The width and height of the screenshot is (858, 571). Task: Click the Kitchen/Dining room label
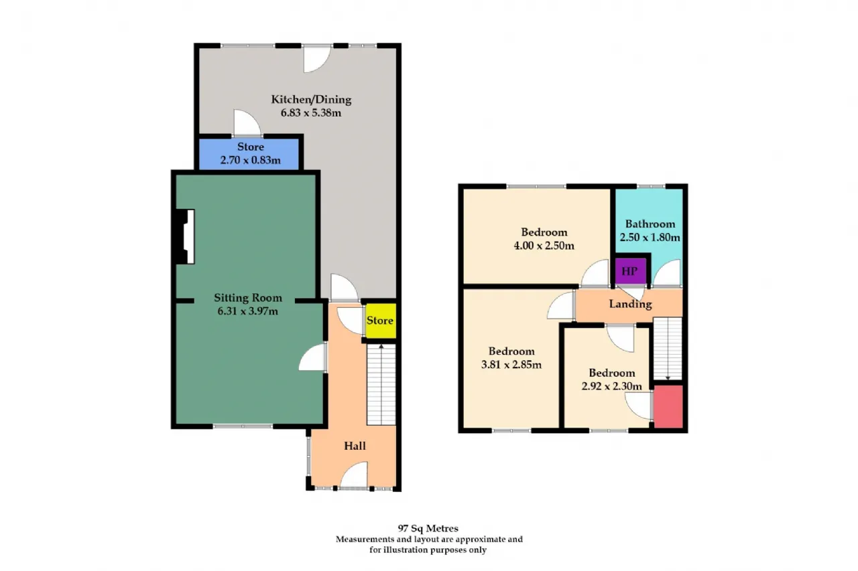[311, 100]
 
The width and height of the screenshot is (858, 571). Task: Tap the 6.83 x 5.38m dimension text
[311, 113]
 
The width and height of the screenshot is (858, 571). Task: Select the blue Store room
[249, 154]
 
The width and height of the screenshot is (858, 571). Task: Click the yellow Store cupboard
[380, 321]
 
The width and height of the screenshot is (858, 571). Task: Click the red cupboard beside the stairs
[668, 406]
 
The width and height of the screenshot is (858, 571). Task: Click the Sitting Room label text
[248, 297]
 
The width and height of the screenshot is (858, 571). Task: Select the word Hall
[355, 446]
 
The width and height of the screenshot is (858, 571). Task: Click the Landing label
[631, 304]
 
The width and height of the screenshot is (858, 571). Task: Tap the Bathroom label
[650, 224]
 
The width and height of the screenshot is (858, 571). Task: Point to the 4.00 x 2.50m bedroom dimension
[544, 246]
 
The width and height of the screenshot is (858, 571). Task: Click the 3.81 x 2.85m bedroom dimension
[511, 364]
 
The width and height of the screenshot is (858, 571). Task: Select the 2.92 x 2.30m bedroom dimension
[612, 386]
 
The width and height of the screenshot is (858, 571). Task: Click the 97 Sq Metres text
[428, 529]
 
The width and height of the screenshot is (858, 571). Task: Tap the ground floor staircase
[381, 384]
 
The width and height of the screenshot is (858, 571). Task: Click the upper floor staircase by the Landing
[668, 348]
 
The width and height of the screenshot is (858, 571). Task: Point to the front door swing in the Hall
[355, 475]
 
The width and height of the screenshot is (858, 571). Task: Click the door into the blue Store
[247, 123]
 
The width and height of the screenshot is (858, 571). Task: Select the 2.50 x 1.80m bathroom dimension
[650, 238]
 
